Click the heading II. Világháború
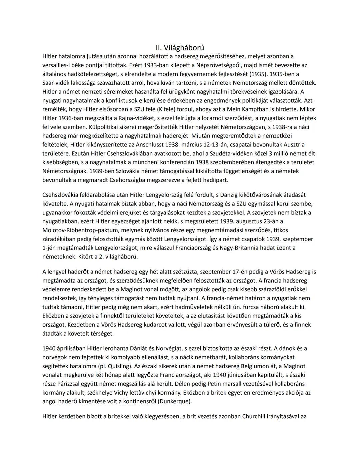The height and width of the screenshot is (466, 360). tap(180, 48)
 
